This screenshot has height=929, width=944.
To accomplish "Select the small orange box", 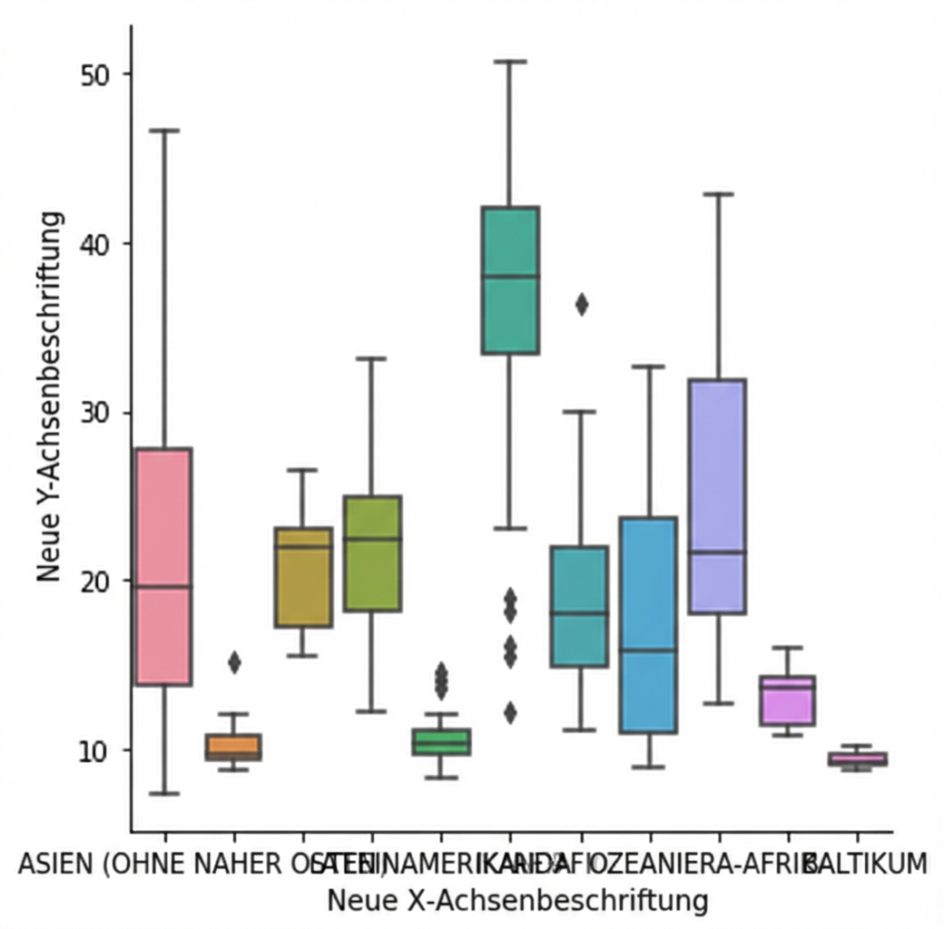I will pyautogui.click(x=233, y=747).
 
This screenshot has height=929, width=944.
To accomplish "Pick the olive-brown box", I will pyautogui.click(x=303, y=577).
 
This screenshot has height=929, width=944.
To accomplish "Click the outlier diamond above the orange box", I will pyautogui.click(x=234, y=663).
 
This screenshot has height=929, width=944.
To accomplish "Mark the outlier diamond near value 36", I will pyautogui.click(x=581, y=305).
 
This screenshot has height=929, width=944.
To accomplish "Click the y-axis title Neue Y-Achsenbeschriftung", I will pyautogui.click(x=51, y=396).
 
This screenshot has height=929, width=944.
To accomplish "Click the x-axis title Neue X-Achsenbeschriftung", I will pyautogui.click(x=516, y=901).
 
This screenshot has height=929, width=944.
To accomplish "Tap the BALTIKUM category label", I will pyautogui.click(x=868, y=864).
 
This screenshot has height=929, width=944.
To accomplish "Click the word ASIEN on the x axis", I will pyautogui.click(x=54, y=864).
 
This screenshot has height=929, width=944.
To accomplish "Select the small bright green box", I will pyautogui.click(x=441, y=742).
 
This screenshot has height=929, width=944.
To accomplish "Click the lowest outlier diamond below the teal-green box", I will pyautogui.click(x=510, y=713).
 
